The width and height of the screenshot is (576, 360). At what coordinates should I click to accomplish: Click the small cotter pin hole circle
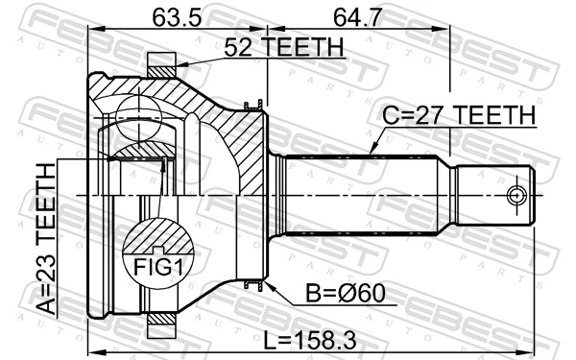click(516, 196)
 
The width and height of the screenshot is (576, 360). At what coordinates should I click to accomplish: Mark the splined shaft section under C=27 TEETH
click(365, 196)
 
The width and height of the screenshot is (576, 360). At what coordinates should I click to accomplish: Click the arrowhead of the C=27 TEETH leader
click(372, 154)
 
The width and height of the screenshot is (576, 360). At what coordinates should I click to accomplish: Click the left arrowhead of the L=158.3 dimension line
click(92, 348)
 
